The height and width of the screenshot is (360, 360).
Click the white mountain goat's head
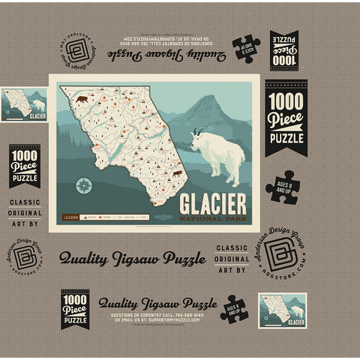198,136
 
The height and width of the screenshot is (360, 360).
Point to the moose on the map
177,174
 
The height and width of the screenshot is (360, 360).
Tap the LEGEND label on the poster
70,217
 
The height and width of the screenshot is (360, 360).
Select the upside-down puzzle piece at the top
246,49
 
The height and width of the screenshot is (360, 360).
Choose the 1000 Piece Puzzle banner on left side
25,166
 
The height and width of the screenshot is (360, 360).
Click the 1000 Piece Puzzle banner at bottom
74,309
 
